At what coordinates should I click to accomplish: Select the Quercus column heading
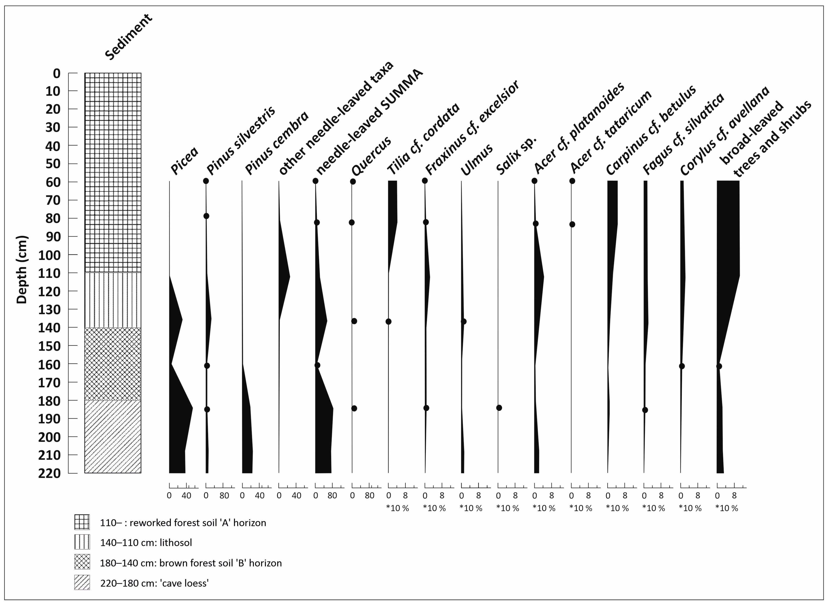click(371, 156)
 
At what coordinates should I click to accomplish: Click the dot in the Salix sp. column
click(499, 408)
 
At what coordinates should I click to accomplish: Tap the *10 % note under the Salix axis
click(508, 508)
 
